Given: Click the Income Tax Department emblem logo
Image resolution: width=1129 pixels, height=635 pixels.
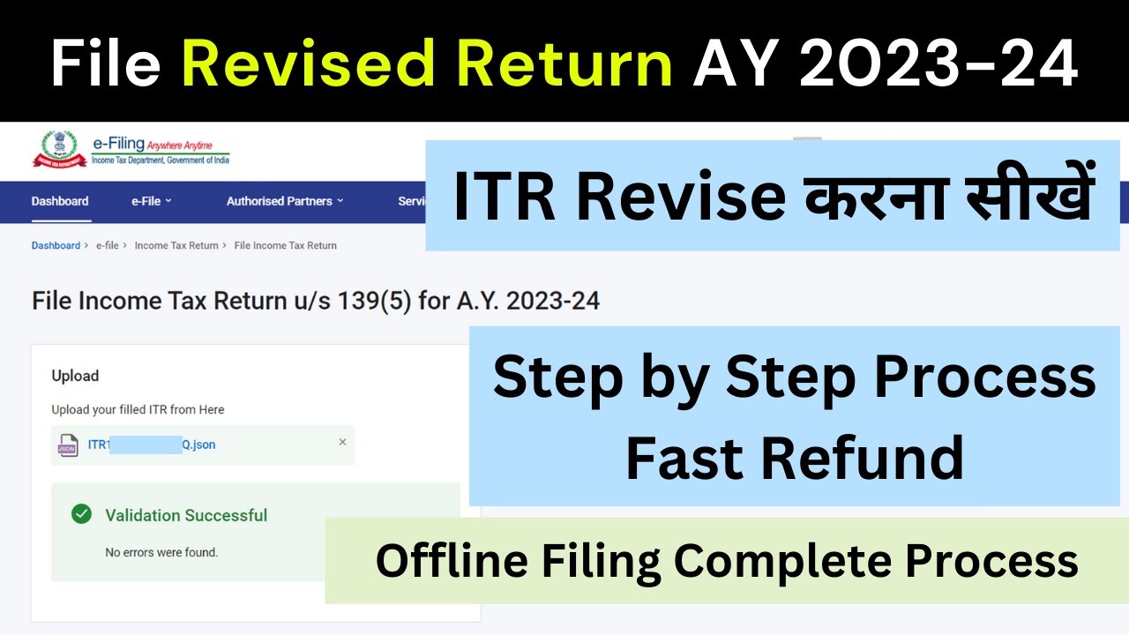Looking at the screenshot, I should (55, 148).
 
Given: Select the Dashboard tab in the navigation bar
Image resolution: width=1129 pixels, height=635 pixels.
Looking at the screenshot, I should (60, 201).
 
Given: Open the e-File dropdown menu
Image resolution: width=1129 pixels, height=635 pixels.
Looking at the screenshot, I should (151, 201).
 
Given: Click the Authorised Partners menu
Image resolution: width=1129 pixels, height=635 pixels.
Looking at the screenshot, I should (284, 201).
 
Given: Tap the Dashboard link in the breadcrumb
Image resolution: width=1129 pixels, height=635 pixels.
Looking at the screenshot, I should (56, 245).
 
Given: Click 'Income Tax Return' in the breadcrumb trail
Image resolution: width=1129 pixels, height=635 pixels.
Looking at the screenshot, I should (176, 245).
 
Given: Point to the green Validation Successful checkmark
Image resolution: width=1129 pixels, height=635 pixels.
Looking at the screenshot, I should (82, 514).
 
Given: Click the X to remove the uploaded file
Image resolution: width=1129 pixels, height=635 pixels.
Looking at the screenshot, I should (342, 442).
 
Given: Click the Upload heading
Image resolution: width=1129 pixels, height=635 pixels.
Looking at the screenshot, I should (75, 376).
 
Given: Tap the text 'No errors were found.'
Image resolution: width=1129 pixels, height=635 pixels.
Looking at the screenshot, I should (161, 553).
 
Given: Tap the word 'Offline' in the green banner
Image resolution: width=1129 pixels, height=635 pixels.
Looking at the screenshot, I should (446, 560).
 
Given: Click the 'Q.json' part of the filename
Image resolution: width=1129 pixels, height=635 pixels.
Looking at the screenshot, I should (198, 444).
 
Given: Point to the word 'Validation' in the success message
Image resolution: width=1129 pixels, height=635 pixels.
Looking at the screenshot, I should (142, 515).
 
